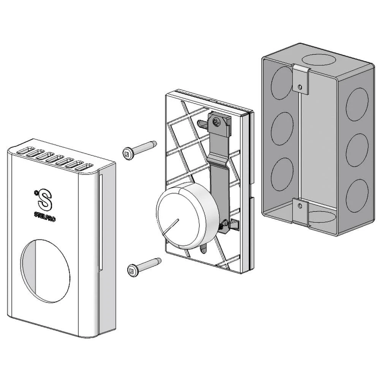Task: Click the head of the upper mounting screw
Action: click(x=127, y=153)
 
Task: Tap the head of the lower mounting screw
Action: click(x=132, y=270)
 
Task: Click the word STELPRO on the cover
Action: click(x=45, y=216)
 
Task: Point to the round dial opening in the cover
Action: click(x=45, y=271)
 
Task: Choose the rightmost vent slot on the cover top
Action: click(x=84, y=168)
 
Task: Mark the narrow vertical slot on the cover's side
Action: click(x=101, y=222)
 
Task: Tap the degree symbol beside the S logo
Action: click(x=36, y=193)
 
